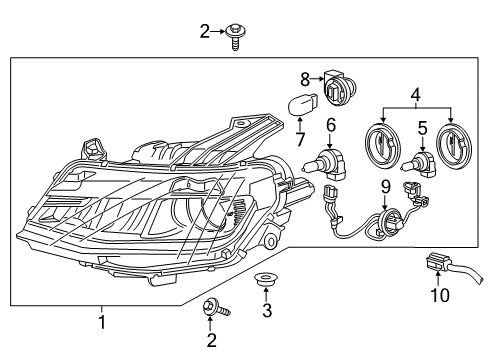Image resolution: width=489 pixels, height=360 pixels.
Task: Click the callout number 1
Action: (101, 322)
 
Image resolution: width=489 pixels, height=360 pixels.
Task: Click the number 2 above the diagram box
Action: (204, 32)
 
